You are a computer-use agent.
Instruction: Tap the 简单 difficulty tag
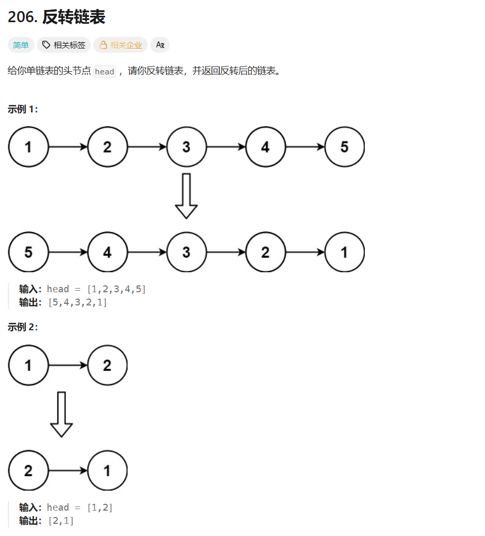pyautogui.click(x=21, y=45)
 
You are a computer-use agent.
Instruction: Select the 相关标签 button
pyautogui.click(x=64, y=45)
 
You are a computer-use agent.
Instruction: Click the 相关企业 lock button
pyautogui.click(x=121, y=45)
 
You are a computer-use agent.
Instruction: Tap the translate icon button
pyautogui.click(x=160, y=45)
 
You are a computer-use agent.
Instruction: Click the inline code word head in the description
pyautogui.click(x=104, y=71)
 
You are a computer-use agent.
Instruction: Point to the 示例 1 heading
pyautogui.click(x=23, y=109)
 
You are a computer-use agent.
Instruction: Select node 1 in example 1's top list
pyautogui.click(x=28, y=147)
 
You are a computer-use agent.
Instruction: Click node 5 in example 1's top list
pyautogui.click(x=344, y=147)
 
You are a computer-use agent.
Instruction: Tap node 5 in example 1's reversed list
pyautogui.click(x=28, y=252)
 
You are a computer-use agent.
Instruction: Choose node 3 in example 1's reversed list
pyautogui.click(x=186, y=252)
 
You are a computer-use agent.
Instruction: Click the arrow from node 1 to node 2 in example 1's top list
pyautogui.click(x=67, y=147)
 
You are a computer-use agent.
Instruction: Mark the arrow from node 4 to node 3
pyautogui.click(x=147, y=252)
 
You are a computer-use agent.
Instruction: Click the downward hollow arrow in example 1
pyautogui.click(x=186, y=196)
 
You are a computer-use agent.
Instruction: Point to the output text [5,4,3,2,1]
pyautogui.click(x=77, y=302)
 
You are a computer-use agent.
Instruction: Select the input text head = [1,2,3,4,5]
pyautogui.click(x=96, y=289)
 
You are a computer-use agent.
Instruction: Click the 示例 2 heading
pyautogui.click(x=23, y=327)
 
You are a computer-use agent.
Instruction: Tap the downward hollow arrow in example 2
pyautogui.click(x=61, y=414)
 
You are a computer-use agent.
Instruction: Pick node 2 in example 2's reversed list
pyautogui.click(x=28, y=470)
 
